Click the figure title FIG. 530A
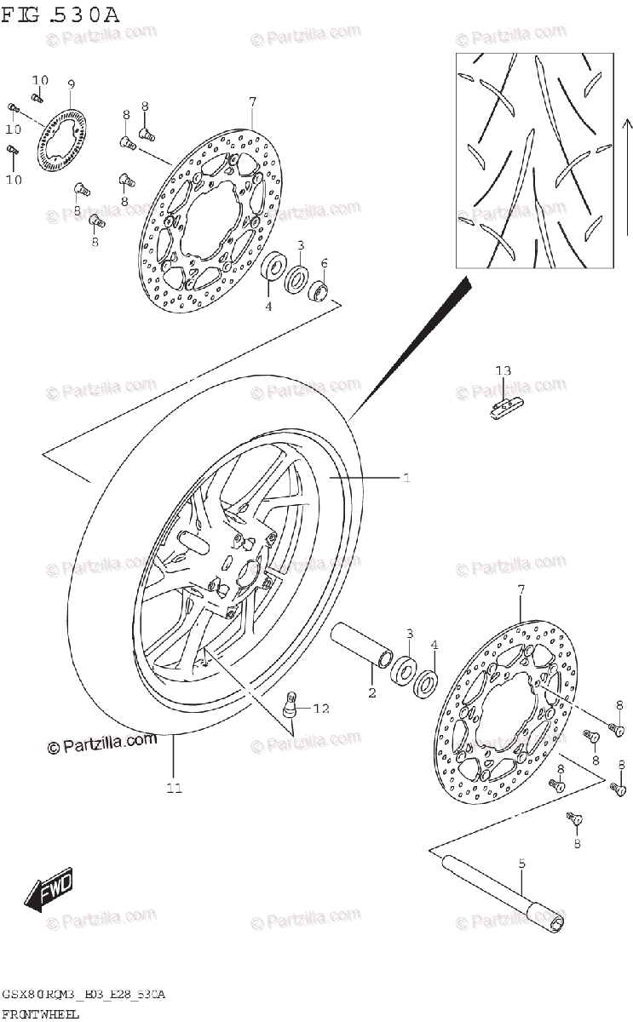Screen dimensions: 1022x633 [x=60, y=14]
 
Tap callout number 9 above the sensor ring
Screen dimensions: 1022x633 [x=71, y=83]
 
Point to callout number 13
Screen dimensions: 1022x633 [x=504, y=370]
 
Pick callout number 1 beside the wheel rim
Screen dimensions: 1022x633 [x=406, y=479]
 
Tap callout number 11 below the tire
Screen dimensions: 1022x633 [x=174, y=788]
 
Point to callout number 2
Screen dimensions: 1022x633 [x=371, y=692]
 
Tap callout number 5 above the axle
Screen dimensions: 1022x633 [x=522, y=864]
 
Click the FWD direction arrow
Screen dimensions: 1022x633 [x=49, y=889]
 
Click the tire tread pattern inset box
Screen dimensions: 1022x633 [x=533, y=158]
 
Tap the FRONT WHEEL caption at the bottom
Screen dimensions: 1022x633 [x=40, y=1013]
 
